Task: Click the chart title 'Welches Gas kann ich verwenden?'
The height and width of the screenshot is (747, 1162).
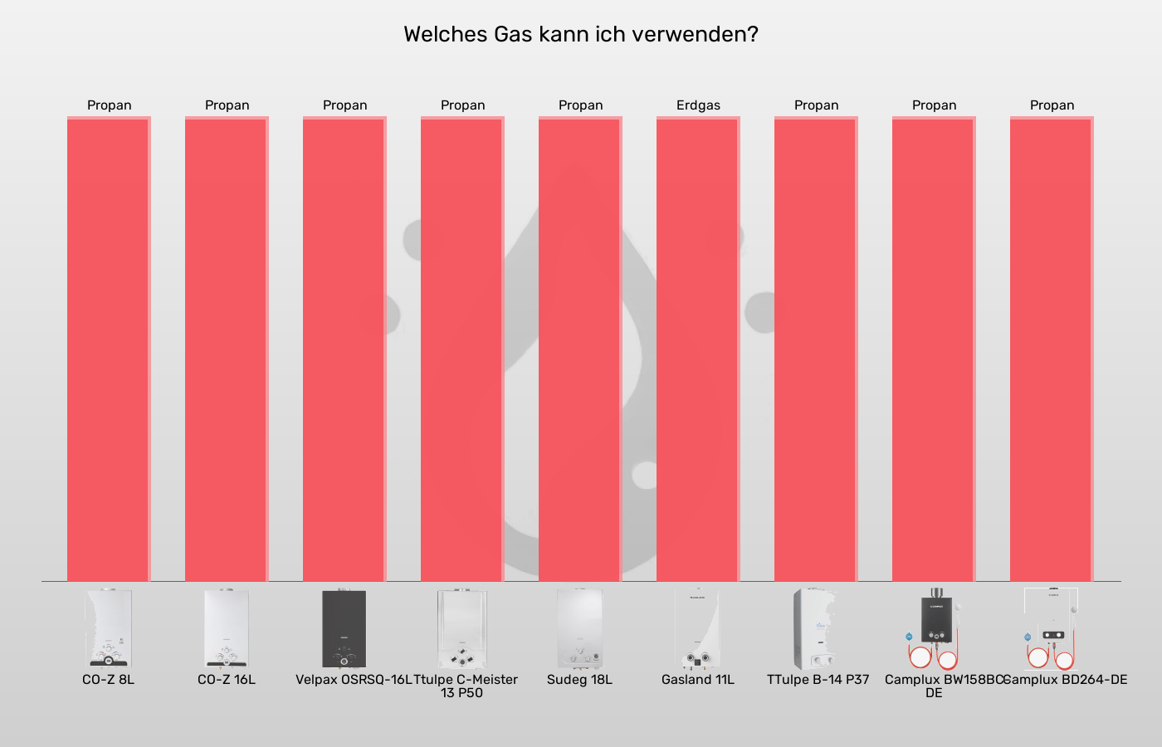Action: click(580, 34)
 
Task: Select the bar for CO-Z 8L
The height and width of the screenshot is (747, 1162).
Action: click(108, 349)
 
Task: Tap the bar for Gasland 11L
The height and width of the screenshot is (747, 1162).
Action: click(697, 349)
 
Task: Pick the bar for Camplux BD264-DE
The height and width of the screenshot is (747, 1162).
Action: click(1051, 349)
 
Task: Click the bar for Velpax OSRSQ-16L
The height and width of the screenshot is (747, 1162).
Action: click(344, 349)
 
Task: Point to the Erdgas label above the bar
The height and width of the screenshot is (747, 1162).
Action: click(698, 105)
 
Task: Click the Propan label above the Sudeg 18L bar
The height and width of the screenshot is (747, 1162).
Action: click(580, 105)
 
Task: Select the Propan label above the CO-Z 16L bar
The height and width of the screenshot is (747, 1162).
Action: click(227, 105)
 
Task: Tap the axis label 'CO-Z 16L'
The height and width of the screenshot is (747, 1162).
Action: click(227, 680)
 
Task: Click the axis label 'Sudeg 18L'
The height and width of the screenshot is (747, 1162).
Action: click(579, 680)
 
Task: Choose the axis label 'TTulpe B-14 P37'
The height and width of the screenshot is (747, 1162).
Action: click(818, 680)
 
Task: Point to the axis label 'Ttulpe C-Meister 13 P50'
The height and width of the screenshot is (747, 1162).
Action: click(465, 686)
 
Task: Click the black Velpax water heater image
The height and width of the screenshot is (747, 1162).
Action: click(344, 628)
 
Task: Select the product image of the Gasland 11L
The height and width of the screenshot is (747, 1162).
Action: click(697, 628)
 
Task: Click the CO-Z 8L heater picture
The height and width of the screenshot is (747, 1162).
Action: click(108, 628)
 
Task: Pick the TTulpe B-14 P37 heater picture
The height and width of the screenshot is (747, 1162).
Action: click(814, 628)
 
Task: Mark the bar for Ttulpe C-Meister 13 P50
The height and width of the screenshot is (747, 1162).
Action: click(461, 349)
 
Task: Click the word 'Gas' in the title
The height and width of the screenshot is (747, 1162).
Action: click(513, 34)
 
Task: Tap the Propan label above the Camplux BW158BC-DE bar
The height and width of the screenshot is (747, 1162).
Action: click(934, 105)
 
